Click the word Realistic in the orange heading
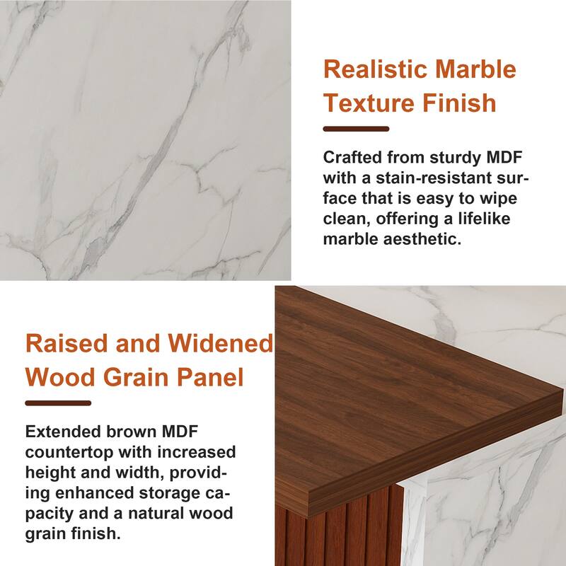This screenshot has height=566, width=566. tap(370, 70)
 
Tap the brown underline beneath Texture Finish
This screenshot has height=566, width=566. tap(356, 129)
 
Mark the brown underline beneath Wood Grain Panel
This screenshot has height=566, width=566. tap(58, 403)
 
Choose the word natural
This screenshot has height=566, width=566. tap(161, 513)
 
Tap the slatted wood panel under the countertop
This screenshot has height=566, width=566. tap(340, 524)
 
